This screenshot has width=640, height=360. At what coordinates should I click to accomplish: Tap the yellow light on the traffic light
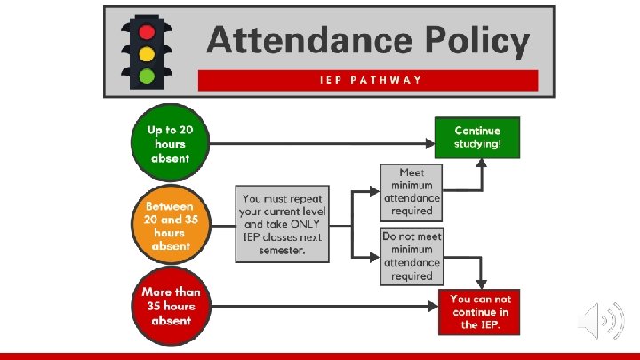tap(147, 53)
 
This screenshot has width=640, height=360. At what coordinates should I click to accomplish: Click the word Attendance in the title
tap(307, 41)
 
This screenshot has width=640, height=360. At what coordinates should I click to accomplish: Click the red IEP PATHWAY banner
tap(368, 80)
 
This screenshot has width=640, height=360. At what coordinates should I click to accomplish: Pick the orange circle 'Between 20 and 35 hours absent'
tap(170, 225)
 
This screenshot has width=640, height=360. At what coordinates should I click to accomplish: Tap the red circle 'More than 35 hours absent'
tap(170, 305)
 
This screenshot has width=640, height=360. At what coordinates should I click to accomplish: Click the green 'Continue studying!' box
tap(477, 138)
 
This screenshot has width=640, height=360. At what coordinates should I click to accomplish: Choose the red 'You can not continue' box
tap(480, 312)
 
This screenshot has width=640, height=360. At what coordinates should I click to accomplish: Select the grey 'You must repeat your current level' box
tap(283, 223)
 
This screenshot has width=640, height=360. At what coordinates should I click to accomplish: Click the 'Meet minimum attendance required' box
tap(412, 191)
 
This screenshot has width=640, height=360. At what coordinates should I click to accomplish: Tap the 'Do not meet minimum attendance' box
tap(412, 256)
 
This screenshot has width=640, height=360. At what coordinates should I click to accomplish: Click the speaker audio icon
tap(601, 321)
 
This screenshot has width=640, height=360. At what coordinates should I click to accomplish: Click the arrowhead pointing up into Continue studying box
tap(481, 164)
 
